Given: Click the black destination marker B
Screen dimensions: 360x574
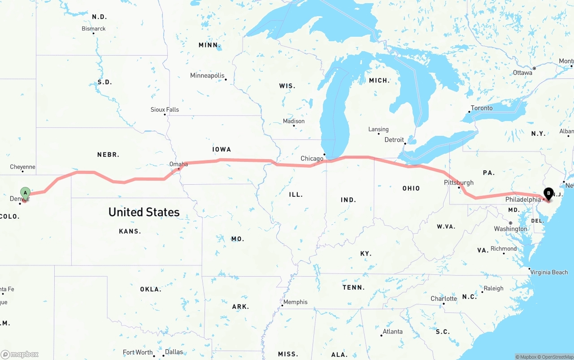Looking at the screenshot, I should [548, 194].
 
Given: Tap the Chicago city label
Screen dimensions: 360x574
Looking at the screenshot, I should [312, 158].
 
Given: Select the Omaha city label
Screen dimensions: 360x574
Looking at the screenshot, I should [178, 164].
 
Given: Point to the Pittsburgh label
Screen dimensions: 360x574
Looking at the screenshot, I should [458, 182].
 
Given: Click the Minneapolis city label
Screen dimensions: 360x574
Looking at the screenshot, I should [207, 75].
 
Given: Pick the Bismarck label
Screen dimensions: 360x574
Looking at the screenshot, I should [94, 29].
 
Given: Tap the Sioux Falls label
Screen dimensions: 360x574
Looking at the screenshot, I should [165, 109].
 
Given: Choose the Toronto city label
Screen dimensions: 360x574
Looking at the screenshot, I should [482, 108].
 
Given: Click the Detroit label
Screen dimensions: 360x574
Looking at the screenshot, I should [394, 140].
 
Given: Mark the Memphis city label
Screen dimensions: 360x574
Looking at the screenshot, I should [296, 302].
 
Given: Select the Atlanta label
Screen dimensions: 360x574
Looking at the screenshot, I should [392, 332].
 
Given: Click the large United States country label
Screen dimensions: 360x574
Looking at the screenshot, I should [144, 212].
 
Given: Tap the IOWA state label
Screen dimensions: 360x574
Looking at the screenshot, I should [222, 149].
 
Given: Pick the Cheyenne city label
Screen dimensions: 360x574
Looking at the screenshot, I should [22, 167].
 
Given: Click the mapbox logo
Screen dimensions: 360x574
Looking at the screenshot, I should [20, 354].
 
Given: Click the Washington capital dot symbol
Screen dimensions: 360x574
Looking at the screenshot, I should [510, 223].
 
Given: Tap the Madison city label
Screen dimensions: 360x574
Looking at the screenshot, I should [294, 121].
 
